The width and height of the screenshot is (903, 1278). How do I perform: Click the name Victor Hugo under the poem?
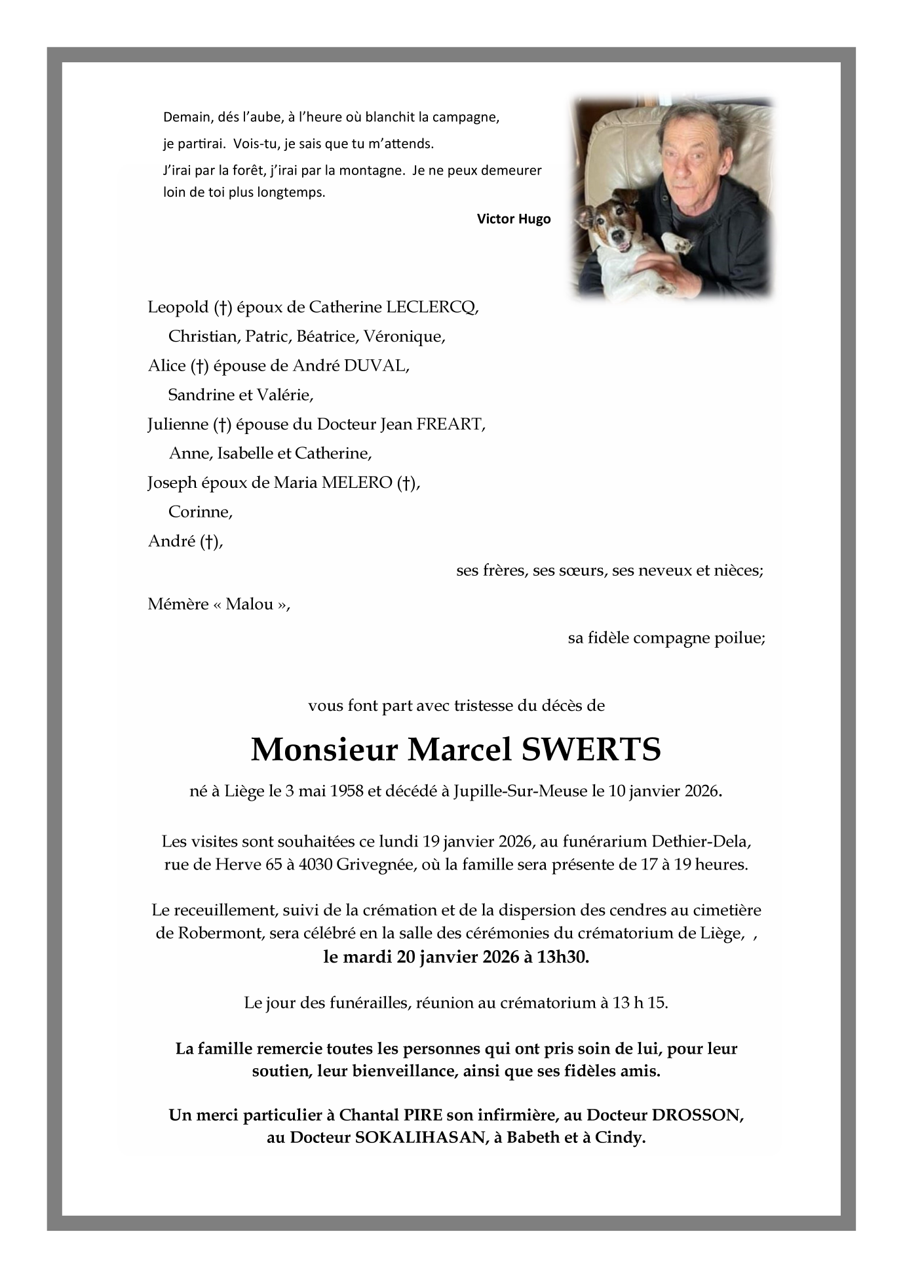click(x=513, y=219)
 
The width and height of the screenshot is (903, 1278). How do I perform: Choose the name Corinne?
click(x=200, y=512)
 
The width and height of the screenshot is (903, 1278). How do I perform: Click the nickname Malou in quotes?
click(x=250, y=605)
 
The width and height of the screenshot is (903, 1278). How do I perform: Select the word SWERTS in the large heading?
click(x=590, y=750)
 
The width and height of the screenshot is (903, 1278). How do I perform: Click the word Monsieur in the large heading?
click(x=324, y=750)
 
